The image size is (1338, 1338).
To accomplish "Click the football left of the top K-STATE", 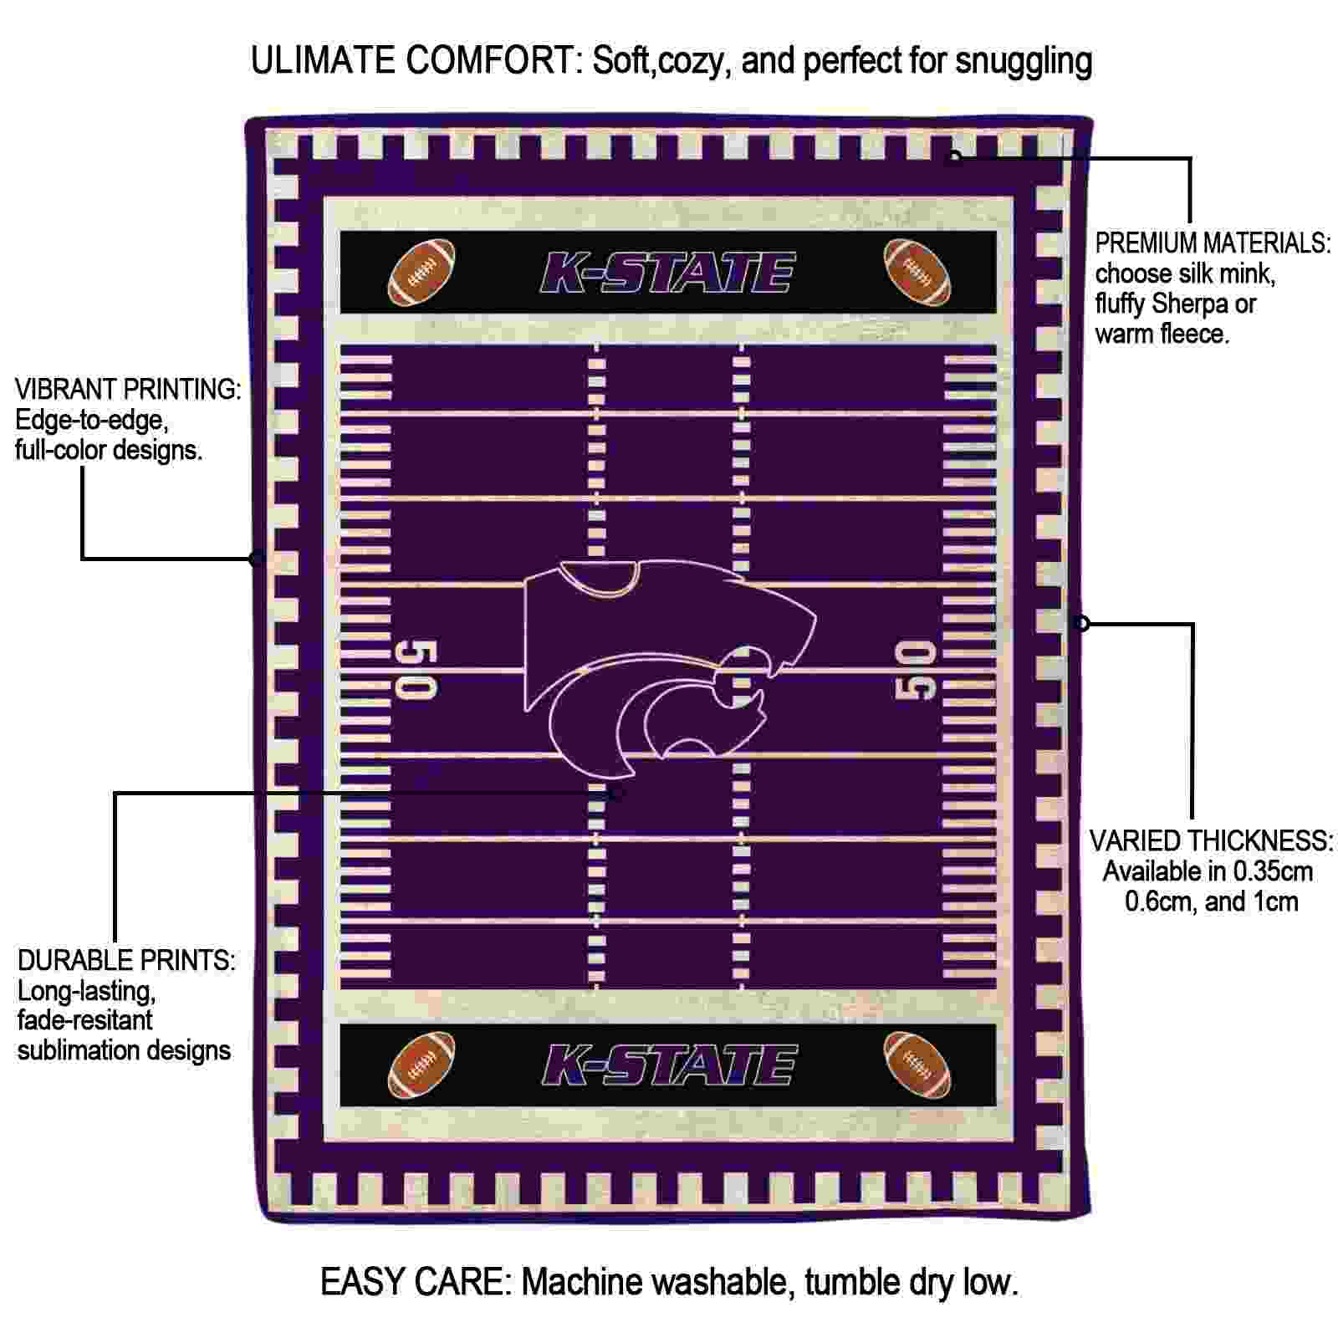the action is (422, 273).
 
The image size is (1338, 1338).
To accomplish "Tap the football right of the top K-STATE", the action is (917, 272).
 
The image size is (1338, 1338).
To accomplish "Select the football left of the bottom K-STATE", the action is (422, 1065).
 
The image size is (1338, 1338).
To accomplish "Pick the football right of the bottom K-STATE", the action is (917, 1065).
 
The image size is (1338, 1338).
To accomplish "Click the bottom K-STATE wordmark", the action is (668, 1065).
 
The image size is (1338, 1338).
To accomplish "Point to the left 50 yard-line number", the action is (416, 669).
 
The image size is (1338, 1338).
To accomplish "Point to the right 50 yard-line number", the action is (916, 669).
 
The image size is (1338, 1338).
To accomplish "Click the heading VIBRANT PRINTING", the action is (128, 389).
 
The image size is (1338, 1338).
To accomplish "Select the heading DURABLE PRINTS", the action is (126, 960).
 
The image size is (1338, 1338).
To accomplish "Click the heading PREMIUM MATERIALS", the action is (1213, 243).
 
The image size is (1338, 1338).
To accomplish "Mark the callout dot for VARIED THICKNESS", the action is (1082, 623).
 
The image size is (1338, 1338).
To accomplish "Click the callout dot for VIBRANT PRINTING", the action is (257, 558).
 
